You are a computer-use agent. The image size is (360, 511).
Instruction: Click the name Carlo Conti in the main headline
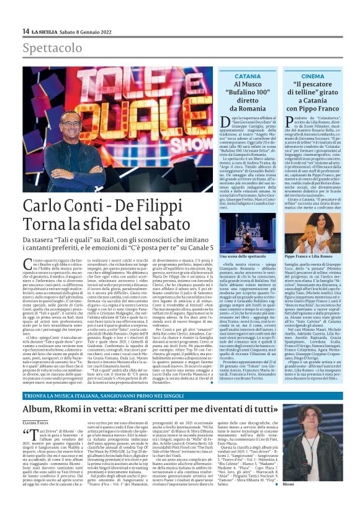65,206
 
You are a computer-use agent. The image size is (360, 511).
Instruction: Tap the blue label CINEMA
312,76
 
